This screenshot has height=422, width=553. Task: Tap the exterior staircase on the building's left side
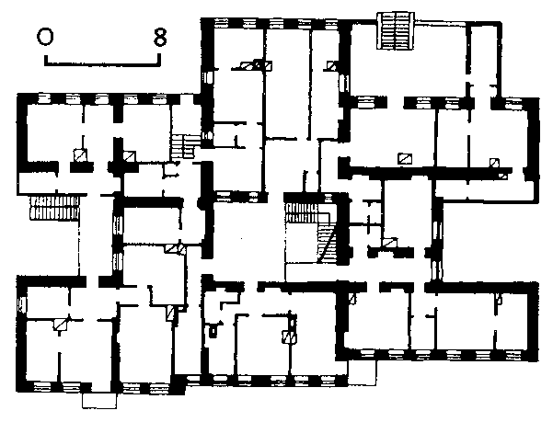tap(43, 207)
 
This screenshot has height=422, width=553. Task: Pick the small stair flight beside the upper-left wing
tap(189, 145)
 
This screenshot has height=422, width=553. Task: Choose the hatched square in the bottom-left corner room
tap(61, 323)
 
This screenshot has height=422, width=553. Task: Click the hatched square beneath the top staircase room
tap(404, 158)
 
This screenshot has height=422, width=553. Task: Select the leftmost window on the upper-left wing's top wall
tap(42, 97)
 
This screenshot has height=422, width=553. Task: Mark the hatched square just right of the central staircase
tap(390, 243)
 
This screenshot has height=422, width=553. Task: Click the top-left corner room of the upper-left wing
tap(51, 129)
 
